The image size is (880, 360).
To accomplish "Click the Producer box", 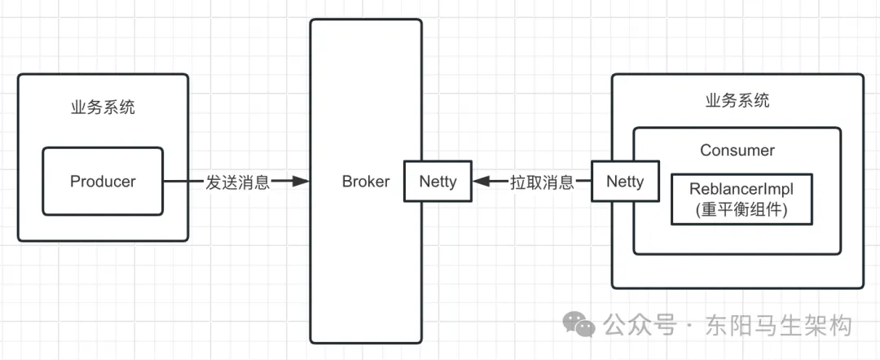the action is point(103,181).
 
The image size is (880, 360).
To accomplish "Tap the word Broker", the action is point(366,182).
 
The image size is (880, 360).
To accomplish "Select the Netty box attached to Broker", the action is point(438,181).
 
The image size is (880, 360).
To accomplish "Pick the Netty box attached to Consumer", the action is point(625,181).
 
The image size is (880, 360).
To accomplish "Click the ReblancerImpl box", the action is point(742,199).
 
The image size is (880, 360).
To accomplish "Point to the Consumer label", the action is point(737,151).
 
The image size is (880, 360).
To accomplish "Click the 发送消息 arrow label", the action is point(238,182).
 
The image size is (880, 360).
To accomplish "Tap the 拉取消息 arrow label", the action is point(542,182).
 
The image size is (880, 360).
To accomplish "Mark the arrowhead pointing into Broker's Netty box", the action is point(482,181).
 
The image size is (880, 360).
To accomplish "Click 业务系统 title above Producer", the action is point(103,108).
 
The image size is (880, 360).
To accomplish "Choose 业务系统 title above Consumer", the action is point(737,101).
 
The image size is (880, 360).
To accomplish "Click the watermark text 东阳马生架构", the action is point(780,325).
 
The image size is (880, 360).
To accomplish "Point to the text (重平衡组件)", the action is point(742,210).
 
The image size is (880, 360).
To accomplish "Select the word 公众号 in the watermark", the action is point(640,325).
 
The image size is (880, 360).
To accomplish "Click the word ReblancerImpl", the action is point(742,188).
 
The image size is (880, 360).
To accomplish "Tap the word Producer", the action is point(103,182).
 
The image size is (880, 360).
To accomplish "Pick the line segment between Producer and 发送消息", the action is point(183,181).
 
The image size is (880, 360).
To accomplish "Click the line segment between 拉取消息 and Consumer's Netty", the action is point(583,181).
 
